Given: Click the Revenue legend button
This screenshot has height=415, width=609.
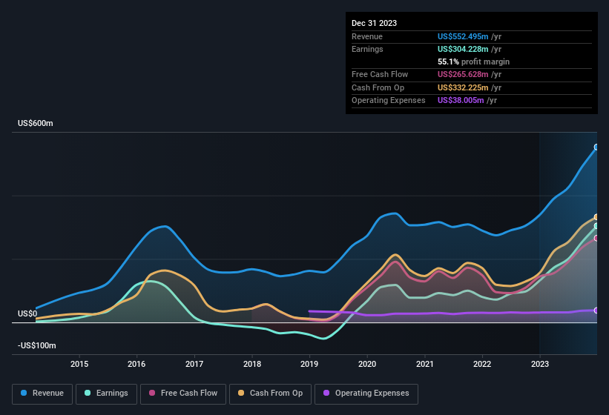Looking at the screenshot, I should [43, 394].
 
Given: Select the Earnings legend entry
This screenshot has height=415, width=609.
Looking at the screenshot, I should [107, 394].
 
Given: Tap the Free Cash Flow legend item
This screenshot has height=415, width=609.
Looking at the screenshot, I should [183, 394].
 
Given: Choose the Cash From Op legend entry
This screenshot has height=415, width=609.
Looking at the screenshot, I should [270, 394].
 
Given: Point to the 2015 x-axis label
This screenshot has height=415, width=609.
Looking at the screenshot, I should [79, 364].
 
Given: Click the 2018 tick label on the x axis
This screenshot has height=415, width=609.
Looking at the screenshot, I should [252, 364].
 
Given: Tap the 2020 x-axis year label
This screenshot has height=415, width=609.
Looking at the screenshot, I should [367, 364].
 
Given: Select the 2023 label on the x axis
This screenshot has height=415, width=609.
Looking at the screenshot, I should [540, 364].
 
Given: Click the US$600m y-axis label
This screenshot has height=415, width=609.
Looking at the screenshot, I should [36, 123].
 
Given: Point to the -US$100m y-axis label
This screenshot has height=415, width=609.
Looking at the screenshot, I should [37, 345].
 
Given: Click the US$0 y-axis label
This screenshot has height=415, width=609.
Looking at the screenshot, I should [27, 313].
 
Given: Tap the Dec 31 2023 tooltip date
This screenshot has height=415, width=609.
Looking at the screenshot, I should [374, 23].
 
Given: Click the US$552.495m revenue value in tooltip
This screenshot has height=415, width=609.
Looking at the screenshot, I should [463, 36].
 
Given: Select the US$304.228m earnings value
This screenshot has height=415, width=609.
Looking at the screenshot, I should [463, 49].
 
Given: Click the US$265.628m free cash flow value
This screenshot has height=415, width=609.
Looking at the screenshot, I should [463, 74].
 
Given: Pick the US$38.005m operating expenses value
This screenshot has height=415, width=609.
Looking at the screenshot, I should [460, 100].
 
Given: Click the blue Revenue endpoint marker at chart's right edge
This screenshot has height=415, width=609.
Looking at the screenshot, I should [596, 147].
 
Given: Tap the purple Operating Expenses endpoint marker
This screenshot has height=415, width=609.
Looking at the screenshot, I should [596, 311].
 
